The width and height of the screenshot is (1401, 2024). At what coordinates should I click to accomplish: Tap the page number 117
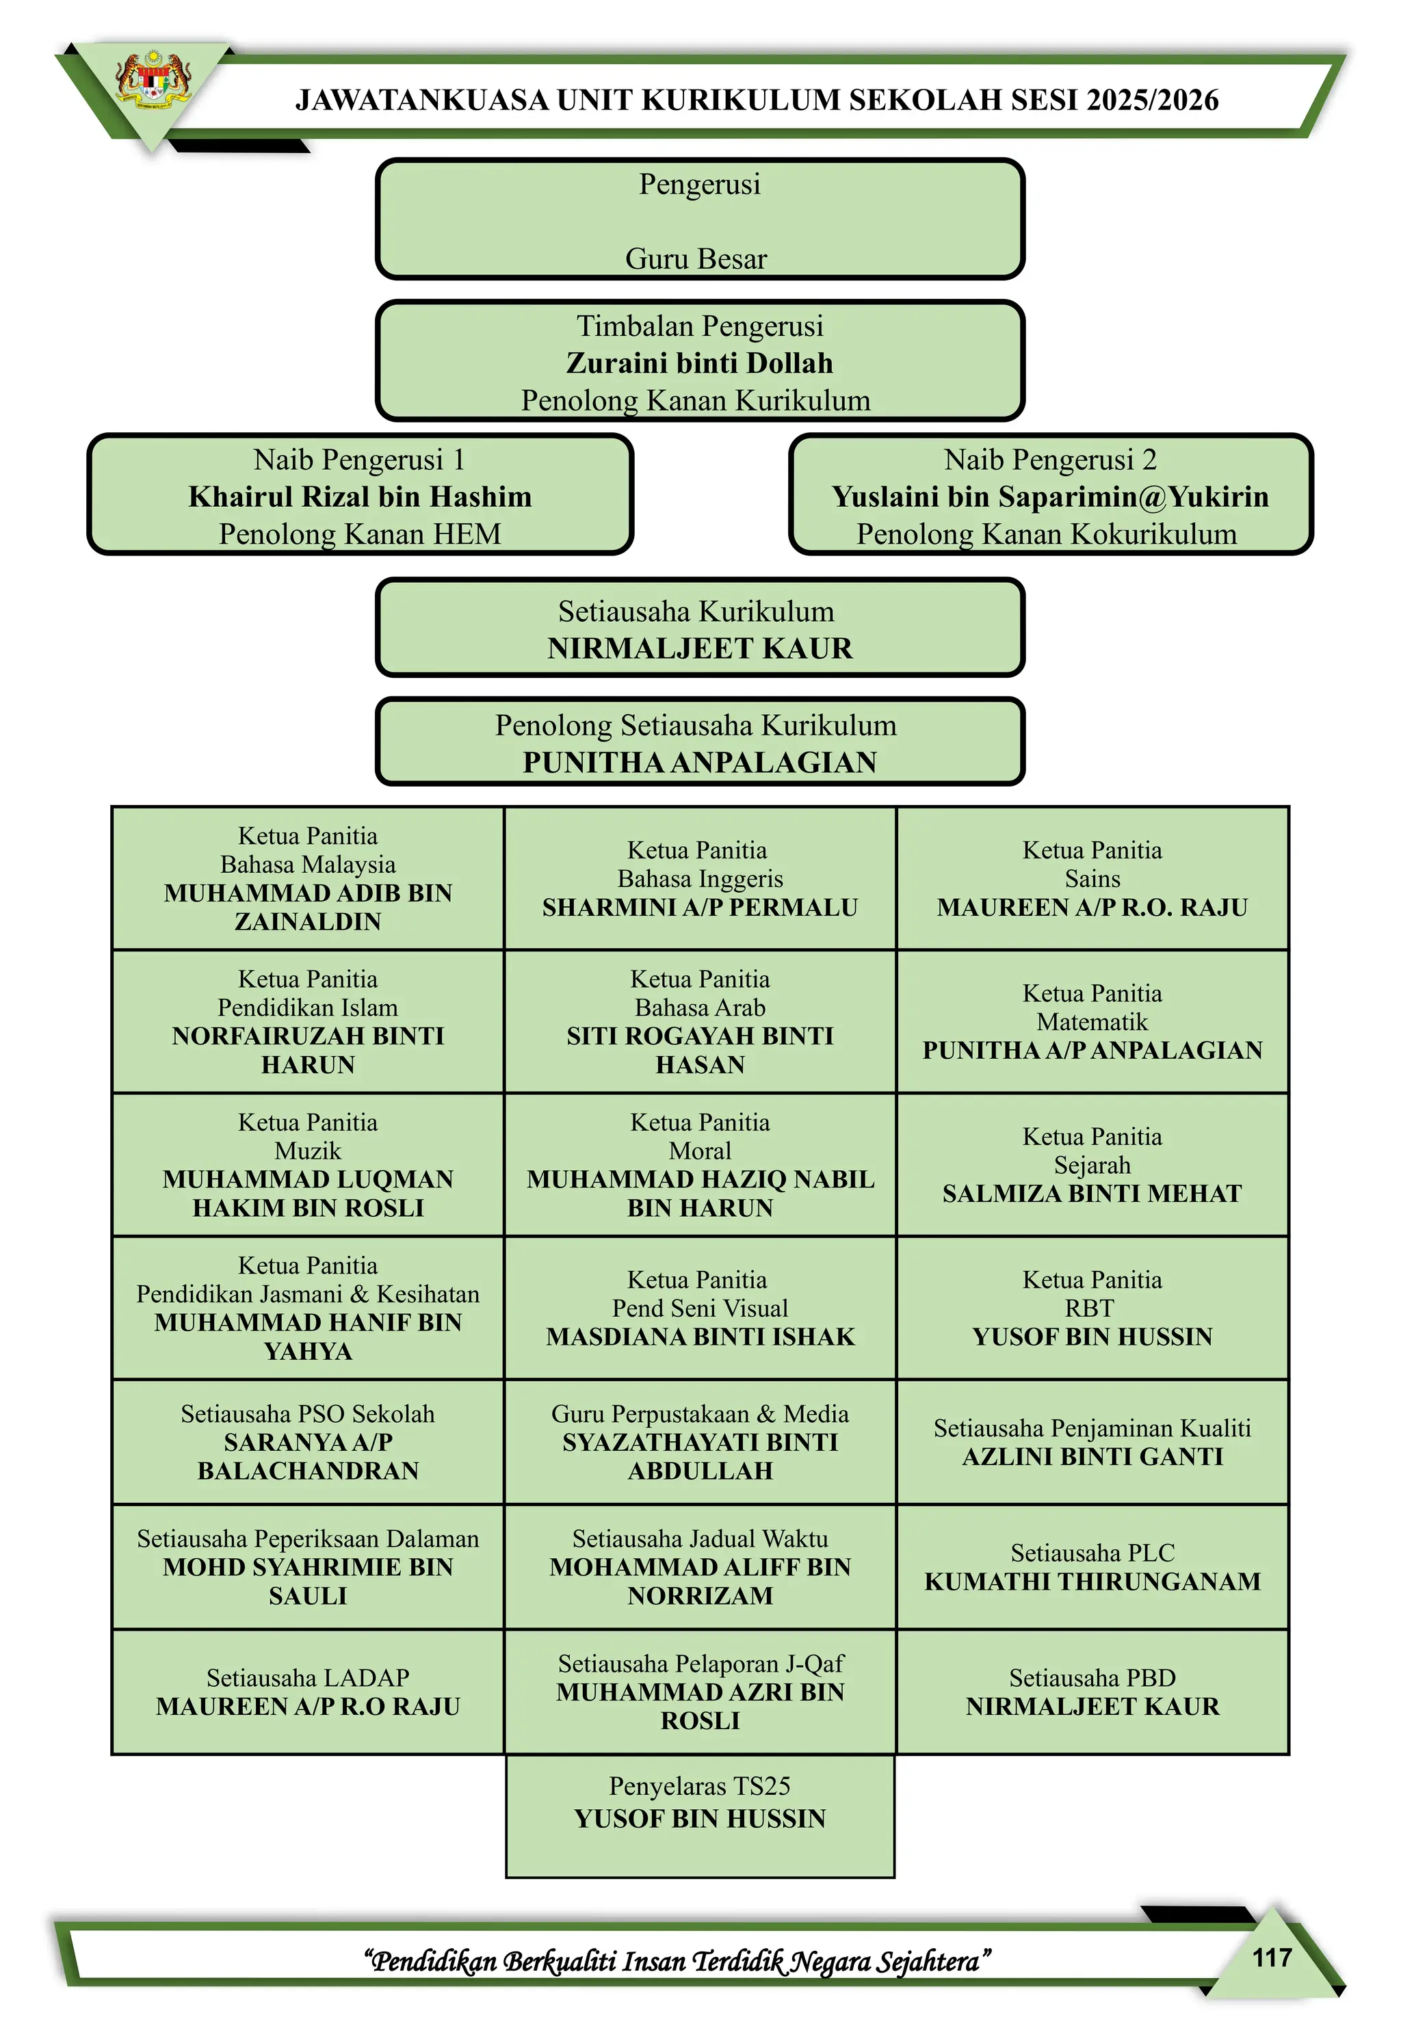tap(1271, 1956)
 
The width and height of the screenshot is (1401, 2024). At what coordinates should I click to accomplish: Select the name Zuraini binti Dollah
tap(700, 363)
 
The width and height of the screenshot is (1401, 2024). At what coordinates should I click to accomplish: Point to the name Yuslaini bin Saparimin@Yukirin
tap(1050, 497)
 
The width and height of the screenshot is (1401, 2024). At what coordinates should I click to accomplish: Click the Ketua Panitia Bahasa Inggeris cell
tap(700, 878)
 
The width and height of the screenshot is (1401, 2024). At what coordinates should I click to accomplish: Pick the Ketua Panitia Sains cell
tap(1092, 878)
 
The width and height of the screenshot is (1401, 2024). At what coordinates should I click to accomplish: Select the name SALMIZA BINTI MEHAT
tap(1092, 1194)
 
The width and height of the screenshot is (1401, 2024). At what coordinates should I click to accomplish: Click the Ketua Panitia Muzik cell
tap(308, 1165)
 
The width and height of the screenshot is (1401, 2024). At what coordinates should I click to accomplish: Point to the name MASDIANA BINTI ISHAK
tap(700, 1337)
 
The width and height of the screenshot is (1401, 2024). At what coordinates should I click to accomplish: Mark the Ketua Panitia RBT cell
tap(1092, 1308)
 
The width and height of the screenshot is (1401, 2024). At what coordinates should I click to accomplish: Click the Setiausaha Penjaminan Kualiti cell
tap(1092, 1441)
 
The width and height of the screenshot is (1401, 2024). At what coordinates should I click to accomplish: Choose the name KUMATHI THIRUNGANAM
tap(1092, 1581)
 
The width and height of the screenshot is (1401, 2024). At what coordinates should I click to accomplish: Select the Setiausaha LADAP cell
tap(308, 1692)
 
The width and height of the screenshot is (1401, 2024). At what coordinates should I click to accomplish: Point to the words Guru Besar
tap(696, 259)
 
